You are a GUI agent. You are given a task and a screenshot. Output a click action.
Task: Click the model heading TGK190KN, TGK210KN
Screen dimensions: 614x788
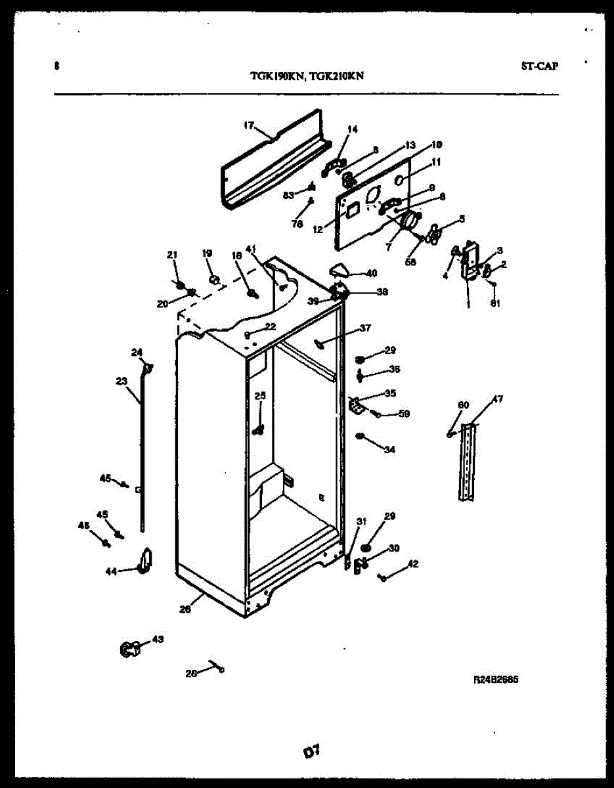coord(307,76)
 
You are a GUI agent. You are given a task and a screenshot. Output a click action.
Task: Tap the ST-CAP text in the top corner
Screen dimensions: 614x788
coord(540,66)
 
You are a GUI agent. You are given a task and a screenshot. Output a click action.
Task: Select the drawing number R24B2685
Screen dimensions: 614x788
coord(496,680)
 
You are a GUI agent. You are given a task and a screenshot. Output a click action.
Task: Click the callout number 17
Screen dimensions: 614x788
coord(249,125)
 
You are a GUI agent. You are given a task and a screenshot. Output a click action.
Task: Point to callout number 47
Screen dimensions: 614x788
coord(498,399)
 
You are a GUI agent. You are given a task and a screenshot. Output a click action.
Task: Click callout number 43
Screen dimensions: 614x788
coord(158,638)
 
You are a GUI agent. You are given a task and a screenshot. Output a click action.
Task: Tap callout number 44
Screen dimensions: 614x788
coord(111,571)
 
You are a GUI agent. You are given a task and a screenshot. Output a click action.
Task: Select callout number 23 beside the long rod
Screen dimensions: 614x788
coord(121,380)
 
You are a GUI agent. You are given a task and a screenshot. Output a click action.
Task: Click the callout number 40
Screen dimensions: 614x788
coord(371,273)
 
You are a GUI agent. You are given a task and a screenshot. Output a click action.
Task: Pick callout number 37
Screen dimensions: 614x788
coord(365,328)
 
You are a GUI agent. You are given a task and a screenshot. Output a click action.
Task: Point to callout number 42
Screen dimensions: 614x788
coord(413,563)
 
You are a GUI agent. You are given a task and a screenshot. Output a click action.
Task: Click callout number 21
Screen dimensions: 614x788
coord(172,255)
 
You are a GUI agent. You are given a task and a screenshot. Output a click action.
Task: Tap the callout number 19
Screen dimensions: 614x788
coord(207,253)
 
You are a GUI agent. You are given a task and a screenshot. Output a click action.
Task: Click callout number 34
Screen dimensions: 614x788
coord(390,450)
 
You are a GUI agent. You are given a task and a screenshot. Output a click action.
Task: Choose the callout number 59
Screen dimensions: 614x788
coord(405,414)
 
